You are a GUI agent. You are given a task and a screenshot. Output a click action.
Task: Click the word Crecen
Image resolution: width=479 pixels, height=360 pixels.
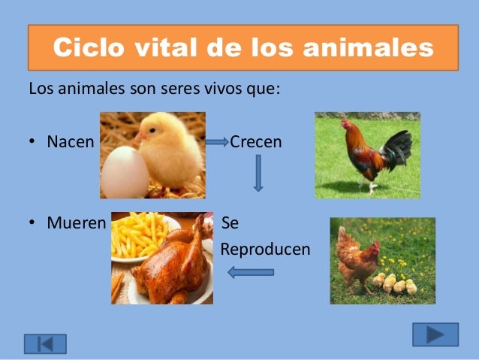[256, 141]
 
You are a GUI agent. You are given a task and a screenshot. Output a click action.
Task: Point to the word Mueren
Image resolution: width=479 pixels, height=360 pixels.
[76, 223]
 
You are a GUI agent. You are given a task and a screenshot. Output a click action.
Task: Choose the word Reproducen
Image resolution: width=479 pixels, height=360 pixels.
[265, 249]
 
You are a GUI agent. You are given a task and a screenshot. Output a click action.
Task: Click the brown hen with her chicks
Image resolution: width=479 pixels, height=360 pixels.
[357, 258]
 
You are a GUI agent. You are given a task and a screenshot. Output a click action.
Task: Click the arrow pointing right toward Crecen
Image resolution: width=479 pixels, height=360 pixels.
[216, 142]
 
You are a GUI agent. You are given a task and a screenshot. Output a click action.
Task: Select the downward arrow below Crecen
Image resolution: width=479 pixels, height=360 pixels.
[258, 172]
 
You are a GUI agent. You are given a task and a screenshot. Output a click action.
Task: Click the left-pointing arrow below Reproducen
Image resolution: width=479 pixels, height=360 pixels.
[251, 272]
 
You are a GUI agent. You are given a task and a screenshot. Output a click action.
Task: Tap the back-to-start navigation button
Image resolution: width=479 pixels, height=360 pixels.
[45, 343]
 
